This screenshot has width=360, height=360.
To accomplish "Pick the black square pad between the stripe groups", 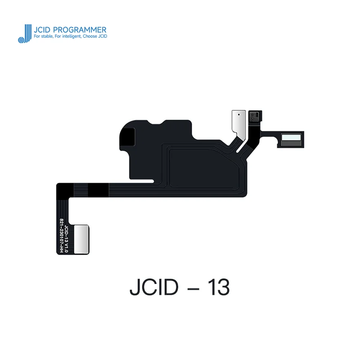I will (x=96, y=191).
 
